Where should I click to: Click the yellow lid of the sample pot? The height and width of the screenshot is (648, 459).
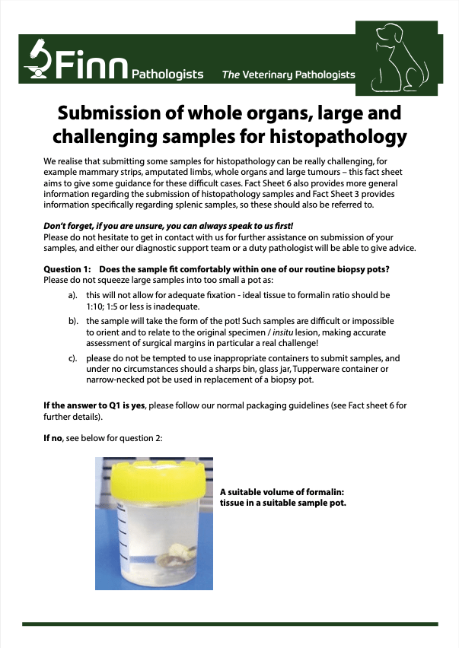[x=154, y=474]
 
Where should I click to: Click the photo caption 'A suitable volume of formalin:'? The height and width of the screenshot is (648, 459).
[x=282, y=492]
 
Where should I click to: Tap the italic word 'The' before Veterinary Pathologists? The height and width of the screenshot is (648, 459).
[x=231, y=75]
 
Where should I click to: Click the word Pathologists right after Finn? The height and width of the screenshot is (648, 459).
[x=167, y=75]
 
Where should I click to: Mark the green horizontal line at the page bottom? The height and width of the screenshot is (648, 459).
[x=229, y=624]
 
